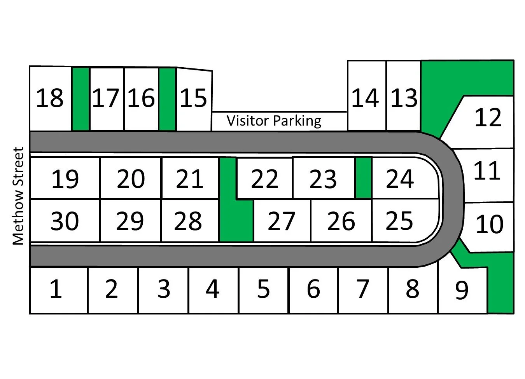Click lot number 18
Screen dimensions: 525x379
(x=49, y=98)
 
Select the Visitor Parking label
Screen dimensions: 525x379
(x=274, y=121)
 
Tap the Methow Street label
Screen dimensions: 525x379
(x=18, y=196)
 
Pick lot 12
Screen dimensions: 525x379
(x=488, y=118)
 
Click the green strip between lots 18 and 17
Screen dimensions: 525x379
(x=81, y=99)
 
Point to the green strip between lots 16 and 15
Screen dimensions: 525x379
(x=167, y=99)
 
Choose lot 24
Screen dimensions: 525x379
(x=400, y=179)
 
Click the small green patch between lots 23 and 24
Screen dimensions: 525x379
(x=364, y=178)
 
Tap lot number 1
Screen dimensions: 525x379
(x=56, y=289)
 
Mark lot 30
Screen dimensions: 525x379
(x=65, y=221)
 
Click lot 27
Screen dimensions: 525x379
(x=282, y=221)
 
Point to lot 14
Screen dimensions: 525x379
(x=365, y=98)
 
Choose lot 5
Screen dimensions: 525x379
(x=263, y=289)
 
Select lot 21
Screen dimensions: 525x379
(x=189, y=179)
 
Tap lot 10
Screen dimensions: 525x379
(x=489, y=224)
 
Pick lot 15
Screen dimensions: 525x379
(x=193, y=98)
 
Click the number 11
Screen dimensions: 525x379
(x=487, y=171)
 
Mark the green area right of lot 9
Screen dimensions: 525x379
(x=500, y=288)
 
